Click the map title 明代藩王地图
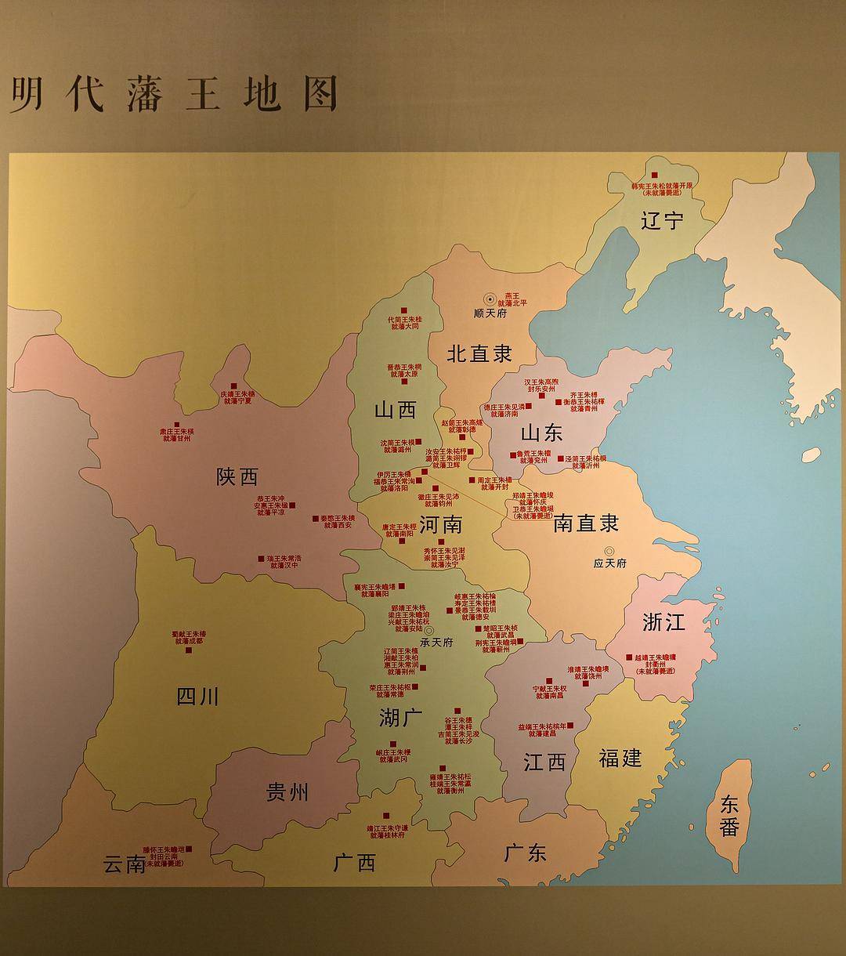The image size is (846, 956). [173, 94]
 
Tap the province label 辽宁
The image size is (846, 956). [662, 221]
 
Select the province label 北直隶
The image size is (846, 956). [479, 353]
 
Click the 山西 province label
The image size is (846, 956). [395, 409]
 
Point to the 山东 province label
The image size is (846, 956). [541, 433]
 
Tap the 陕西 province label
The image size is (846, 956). [237, 476]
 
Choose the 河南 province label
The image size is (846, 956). [440, 524]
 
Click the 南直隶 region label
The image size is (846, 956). [586, 523]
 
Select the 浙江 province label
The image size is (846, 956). [663, 622]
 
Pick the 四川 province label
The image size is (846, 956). [197, 696]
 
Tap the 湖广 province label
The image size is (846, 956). [400, 717]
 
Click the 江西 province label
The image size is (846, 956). [544, 761]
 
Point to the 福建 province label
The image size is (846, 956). [620, 758]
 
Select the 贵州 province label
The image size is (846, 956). [287, 792]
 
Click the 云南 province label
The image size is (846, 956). [125, 864]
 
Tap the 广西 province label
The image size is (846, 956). [354, 863]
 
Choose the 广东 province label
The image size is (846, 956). [525, 853]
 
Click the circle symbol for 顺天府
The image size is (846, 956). [490, 299]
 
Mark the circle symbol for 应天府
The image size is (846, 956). [609, 551]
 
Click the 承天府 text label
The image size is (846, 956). [436, 642]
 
